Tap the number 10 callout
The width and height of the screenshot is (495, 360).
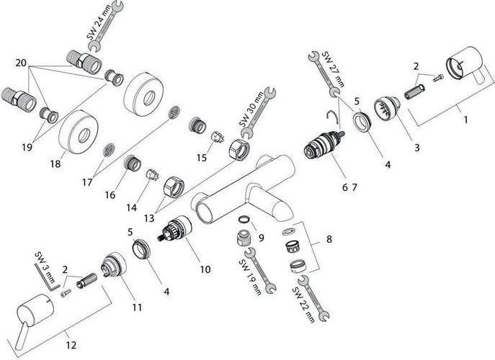tap(205, 269)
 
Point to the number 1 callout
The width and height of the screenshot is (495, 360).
tap(465, 119)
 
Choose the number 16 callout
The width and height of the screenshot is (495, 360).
tap(110, 194)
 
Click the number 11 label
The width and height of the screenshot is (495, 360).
tap(137, 307)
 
